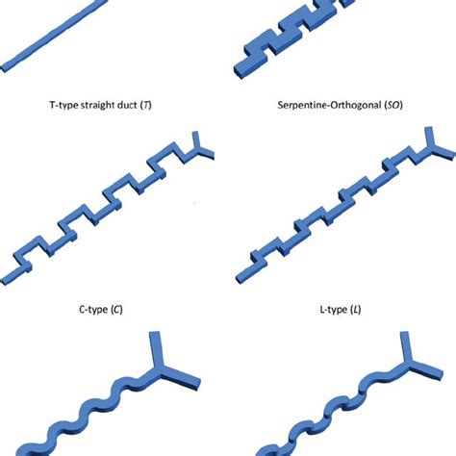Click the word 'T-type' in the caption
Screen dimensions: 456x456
(x=63, y=105)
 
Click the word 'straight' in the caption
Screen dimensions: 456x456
(x=96, y=105)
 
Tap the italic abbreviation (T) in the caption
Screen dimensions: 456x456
(x=146, y=105)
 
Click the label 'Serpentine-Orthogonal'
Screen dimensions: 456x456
(x=329, y=105)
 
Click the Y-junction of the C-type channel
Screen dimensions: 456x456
(x=200, y=149)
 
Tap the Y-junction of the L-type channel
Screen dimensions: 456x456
(x=432, y=148)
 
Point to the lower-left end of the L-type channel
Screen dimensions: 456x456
(x=241, y=278)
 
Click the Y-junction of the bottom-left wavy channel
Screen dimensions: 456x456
(x=161, y=367)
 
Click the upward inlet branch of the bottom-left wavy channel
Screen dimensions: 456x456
(x=157, y=349)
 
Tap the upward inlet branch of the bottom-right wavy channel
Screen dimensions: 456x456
(x=406, y=347)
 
